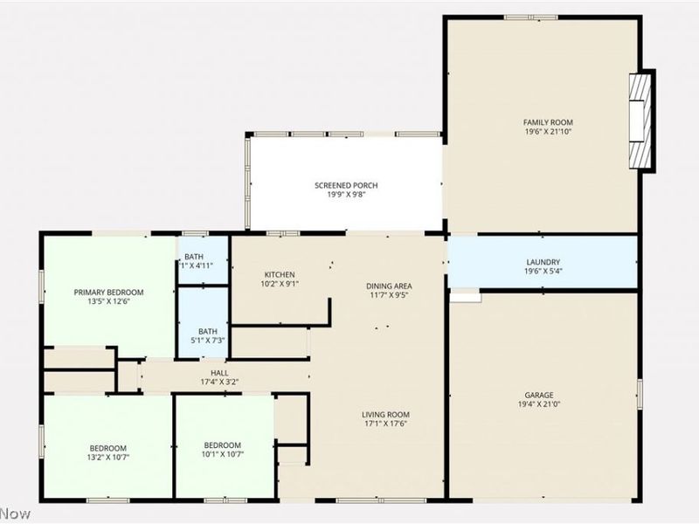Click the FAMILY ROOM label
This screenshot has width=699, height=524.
[x=548, y=122]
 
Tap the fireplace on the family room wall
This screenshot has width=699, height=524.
[x=642, y=121]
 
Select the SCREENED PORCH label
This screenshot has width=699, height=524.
[x=346, y=185]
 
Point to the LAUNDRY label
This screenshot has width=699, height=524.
[x=543, y=262]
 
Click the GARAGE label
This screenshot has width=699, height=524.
[x=539, y=395]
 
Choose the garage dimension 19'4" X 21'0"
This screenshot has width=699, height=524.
[x=539, y=404]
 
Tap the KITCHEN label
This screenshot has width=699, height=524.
[x=280, y=274]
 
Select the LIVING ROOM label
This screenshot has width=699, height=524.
[x=385, y=415]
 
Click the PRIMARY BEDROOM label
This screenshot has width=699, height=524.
[x=108, y=293]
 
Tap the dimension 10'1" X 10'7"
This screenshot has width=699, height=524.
[x=222, y=452]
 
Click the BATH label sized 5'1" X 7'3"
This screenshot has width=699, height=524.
[x=207, y=331]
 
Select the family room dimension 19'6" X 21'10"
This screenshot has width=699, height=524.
[x=548, y=132]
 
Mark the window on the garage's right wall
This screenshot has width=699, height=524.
[x=639, y=394]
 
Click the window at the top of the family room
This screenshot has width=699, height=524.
[x=530, y=17]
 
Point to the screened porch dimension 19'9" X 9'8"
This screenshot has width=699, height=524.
[x=346, y=195]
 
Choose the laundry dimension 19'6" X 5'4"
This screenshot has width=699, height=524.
[x=543, y=272]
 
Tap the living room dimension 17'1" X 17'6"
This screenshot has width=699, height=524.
[x=385, y=424]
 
